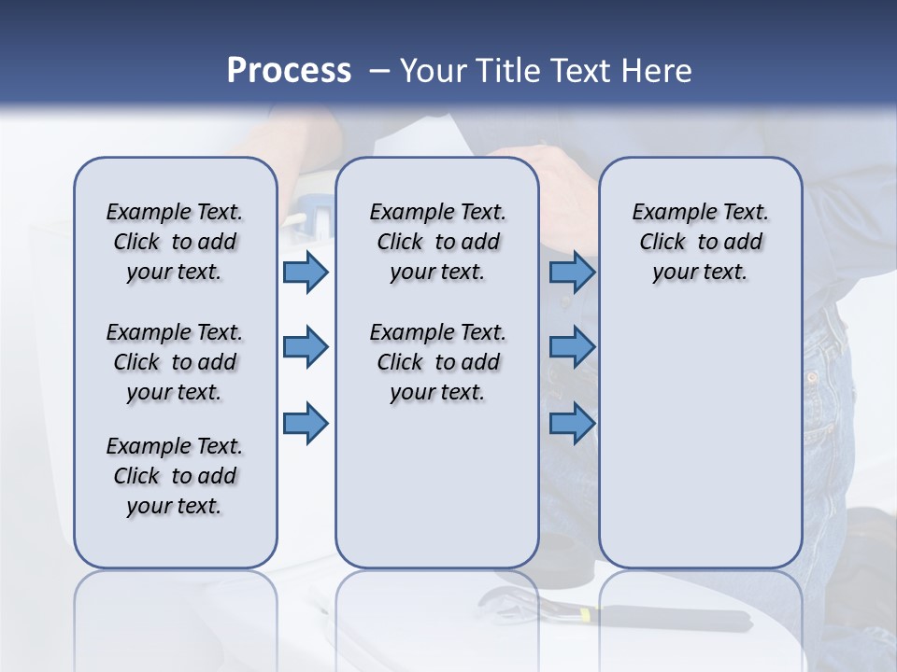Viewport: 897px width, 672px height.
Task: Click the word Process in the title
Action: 289,71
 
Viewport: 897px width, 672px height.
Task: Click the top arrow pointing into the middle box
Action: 306,272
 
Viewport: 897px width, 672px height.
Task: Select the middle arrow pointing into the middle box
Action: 306,347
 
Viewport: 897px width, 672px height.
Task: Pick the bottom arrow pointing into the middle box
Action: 306,423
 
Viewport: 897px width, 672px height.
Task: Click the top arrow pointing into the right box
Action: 572,272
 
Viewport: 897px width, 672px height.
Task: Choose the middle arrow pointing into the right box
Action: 572,347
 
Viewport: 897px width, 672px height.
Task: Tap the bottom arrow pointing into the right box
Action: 572,423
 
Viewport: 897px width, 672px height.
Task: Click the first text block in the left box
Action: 175,242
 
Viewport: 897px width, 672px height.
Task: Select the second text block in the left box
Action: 175,362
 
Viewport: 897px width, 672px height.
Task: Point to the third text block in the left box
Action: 175,476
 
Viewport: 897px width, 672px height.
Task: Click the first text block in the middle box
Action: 437,242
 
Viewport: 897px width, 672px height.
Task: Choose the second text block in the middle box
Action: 437,362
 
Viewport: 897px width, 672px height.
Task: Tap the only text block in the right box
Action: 700,242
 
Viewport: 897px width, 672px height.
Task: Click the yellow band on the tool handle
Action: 585,615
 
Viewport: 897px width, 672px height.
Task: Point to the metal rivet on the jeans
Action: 811,379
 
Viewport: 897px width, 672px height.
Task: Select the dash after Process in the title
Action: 378,71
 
